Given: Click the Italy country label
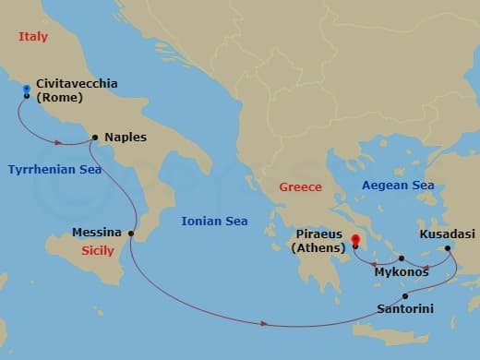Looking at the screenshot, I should click(x=34, y=38).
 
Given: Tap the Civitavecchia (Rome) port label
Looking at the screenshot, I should click(x=77, y=90).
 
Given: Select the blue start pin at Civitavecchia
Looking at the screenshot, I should click(x=27, y=90).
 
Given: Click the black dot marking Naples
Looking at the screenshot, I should click(x=95, y=138).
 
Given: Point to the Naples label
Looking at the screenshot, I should click(x=125, y=138).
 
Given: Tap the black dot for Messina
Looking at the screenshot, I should click(x=131, y=233).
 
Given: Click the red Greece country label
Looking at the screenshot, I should click(x=302, y=188).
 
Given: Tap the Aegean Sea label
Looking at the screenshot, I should click(x=398, y=186).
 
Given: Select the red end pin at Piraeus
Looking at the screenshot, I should click(x=354, y=242).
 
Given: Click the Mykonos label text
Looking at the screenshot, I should click(x=401, y=273).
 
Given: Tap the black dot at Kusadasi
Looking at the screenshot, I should click(x=448, y=247).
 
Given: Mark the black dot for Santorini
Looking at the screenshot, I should click(x=405, y=295).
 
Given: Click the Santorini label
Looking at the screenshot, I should click(x=405, y=310).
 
